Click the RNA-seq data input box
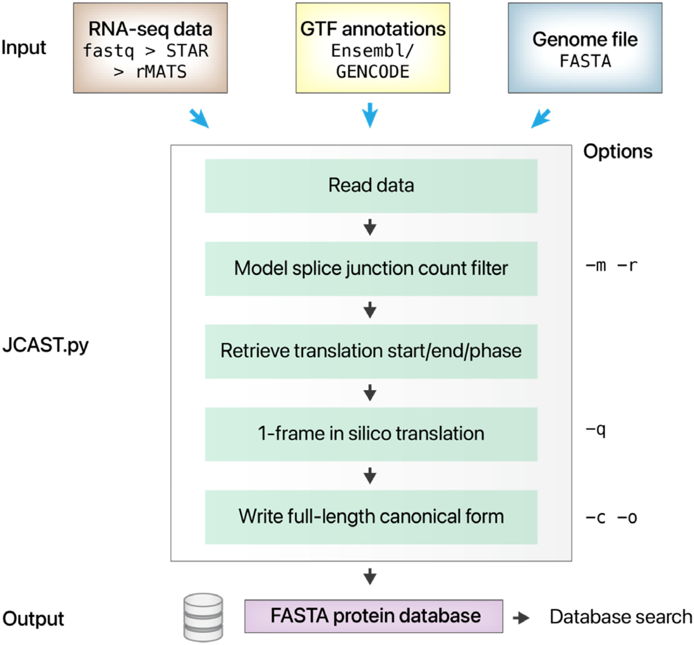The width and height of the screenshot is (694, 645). click(150, 48)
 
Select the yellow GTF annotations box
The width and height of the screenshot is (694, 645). click(372, 48)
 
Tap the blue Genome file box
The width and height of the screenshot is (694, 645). click(585, 48)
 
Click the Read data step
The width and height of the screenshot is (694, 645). click(371, 186)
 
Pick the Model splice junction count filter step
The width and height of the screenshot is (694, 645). click(371, 269)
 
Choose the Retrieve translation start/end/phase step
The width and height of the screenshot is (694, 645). click(371, 352)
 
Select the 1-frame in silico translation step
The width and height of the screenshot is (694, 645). click(371, 434)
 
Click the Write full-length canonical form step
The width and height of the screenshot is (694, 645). click(371, 517)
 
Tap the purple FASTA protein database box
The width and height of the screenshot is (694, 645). click(374, 616)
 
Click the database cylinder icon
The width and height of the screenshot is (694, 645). click(203, 617)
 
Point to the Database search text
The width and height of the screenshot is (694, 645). click(621, 617)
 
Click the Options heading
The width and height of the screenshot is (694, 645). click(617, 152)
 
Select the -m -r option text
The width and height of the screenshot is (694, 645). click(611, 266)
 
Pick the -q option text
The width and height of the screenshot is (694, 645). click(596, 431)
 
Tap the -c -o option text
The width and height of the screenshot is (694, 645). click(611, 518)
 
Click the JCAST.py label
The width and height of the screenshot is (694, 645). click(45, 345)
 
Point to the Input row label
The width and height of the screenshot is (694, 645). click(24, 47)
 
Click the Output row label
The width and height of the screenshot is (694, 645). click(33, 619)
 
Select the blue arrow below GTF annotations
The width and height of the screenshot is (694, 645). click(370, 115)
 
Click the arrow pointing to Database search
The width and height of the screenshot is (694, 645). click(521, 618)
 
